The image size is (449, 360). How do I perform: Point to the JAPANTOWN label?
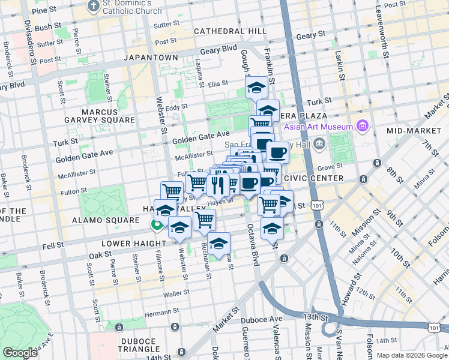tap(151, 58)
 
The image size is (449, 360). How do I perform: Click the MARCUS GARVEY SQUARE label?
tap(100, 116)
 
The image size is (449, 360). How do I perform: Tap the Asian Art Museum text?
tap(324, 127)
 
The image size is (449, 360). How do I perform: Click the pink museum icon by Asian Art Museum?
tap(362, 127)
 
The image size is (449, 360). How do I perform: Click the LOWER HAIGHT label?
tap(133, 244)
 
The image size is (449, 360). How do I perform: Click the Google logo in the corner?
tap(20, 353)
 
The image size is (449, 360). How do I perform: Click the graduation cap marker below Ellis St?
tap(256, 88)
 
